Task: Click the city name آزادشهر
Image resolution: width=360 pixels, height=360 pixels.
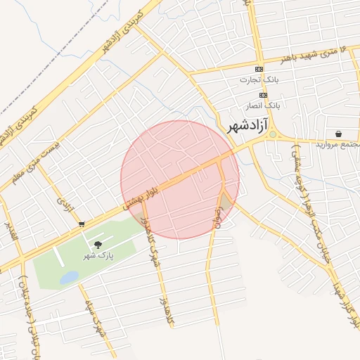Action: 249,127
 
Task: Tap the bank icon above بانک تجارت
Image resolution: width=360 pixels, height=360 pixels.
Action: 259,69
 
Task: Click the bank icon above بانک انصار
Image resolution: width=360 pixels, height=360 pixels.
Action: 263,94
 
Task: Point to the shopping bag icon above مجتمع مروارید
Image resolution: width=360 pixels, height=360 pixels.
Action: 339,134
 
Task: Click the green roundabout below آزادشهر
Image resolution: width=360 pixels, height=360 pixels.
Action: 272,134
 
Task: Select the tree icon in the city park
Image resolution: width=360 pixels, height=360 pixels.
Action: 97,244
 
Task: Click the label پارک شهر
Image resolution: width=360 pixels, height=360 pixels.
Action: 97,255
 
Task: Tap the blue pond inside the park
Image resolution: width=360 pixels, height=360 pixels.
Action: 69,278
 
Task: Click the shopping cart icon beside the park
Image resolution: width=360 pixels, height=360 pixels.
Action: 82,224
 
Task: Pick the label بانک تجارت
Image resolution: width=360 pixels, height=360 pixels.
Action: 259,80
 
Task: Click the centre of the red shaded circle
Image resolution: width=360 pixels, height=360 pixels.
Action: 180,179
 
